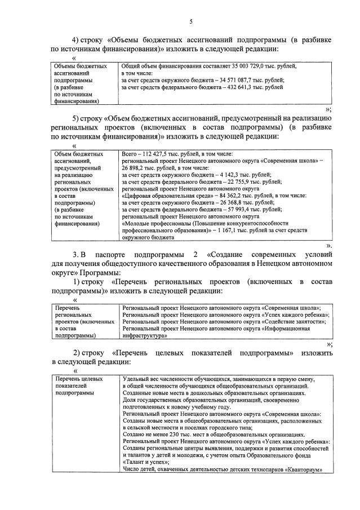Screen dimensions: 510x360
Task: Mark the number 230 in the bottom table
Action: pyautogui.click(x=172, y=435)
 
